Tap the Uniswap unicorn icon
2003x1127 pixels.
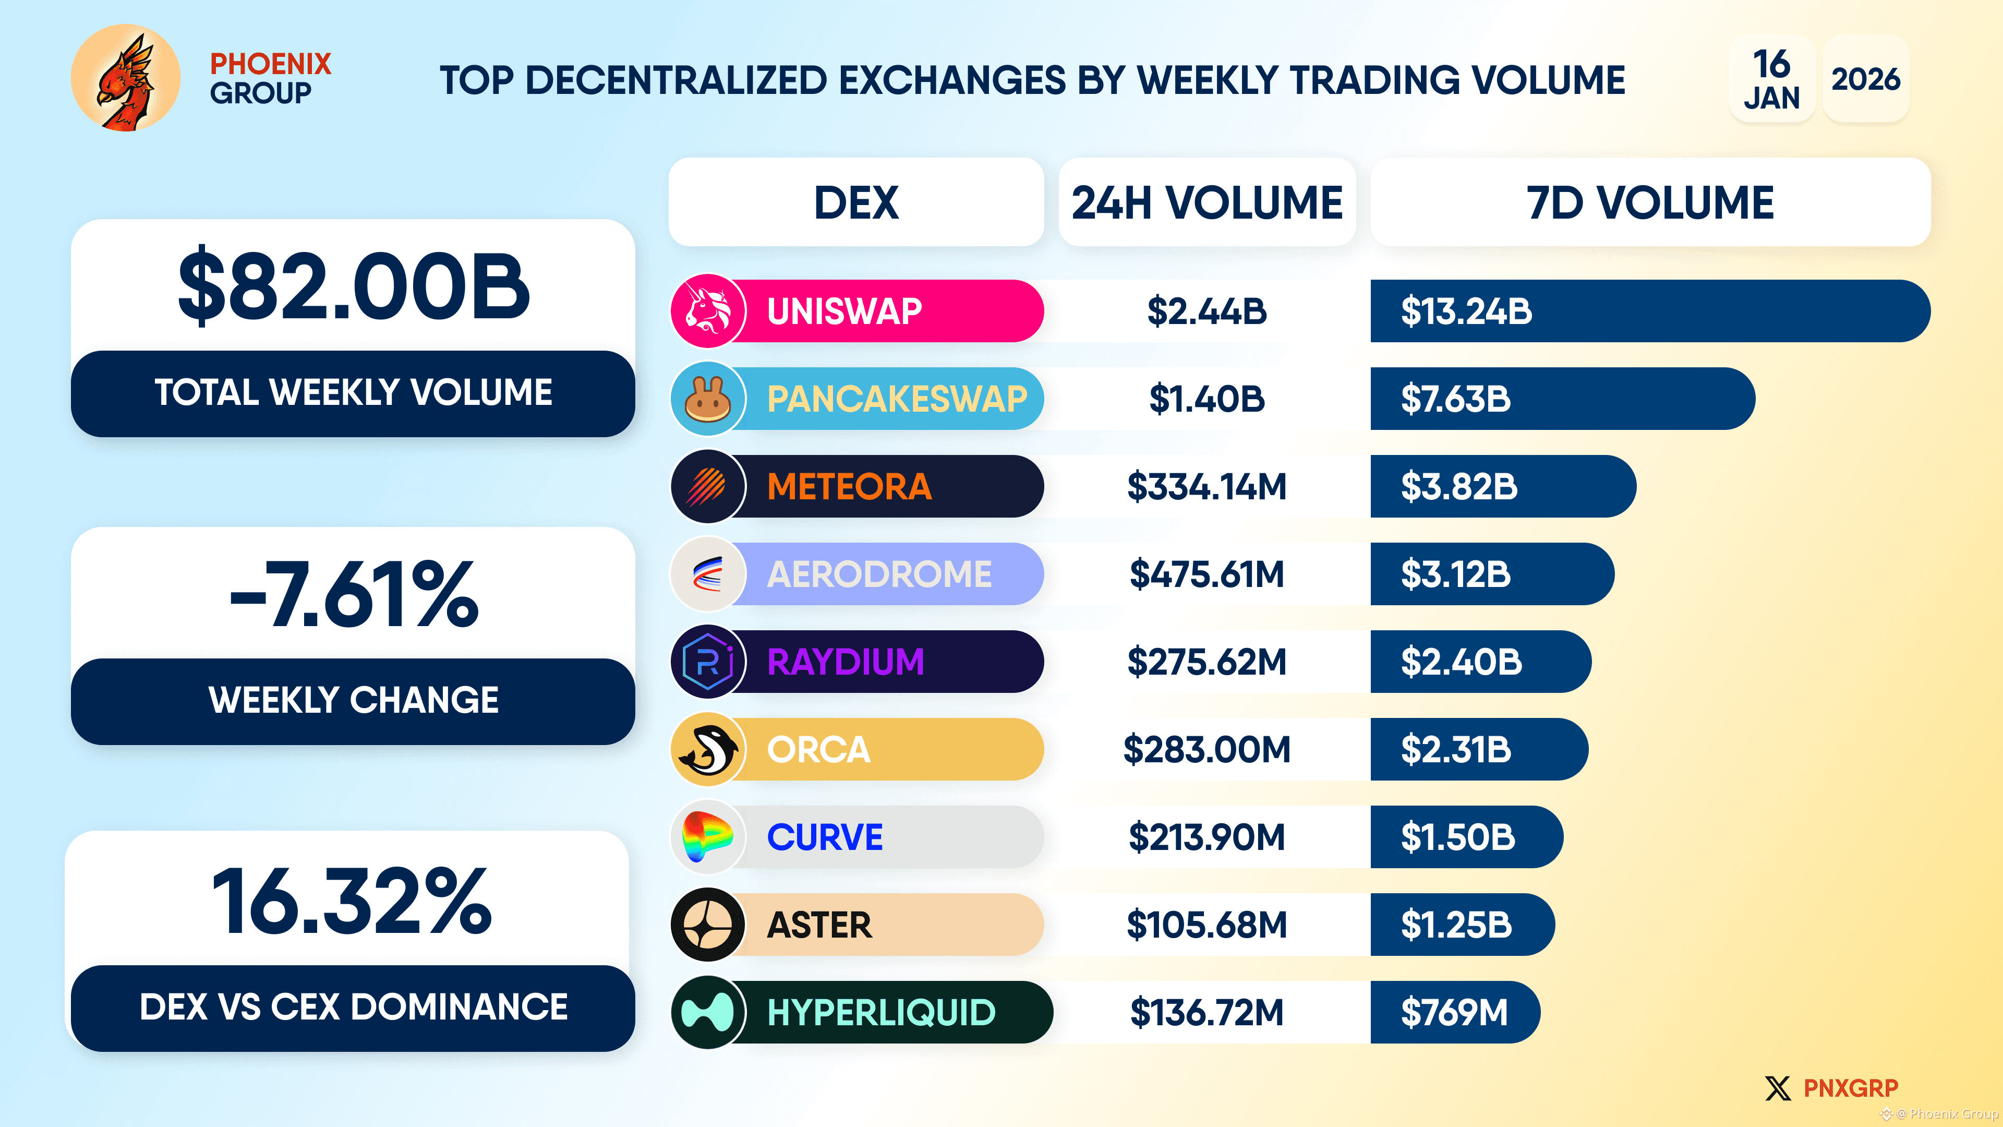pyautogui.click(x=708, y=311)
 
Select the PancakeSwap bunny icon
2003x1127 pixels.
pyautogui.click(x=708, y=399)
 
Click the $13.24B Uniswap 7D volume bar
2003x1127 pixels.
pyautogui.click(x=1648, y=311)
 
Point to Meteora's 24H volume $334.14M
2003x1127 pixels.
pyautogui.click(x=1207, y=487)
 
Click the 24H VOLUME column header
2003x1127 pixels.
pyautogui.click(x=1207, y=203)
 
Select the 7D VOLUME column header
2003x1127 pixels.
pyautogui.click(x=1650, y=203)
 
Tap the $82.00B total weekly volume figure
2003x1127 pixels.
pyautogui.click(x=354, y=287)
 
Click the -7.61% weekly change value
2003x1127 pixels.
pyautogui.click(x=354, y=595)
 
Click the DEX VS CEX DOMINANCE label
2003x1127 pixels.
pyautogui.click(x=354, y=1007)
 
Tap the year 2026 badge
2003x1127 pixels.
pyautogui.click(x=1865, y=79)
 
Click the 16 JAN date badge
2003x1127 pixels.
pyautogui.click(x=1771, y=79)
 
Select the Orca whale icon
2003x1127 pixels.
pyautogui.click(x=708, y=750)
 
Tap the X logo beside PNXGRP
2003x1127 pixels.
pyautogui.click(x=1778, y=1088)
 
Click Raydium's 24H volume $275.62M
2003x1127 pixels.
pyautogui.click(x=1207, y=663)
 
